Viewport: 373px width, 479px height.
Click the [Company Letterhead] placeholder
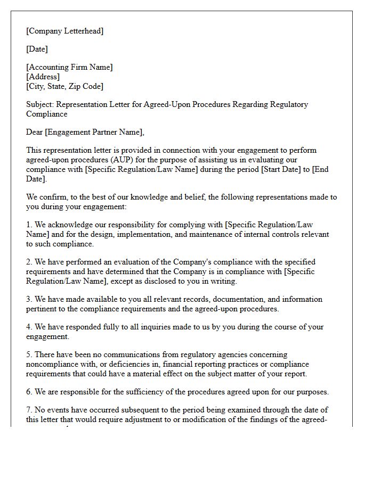pos(65,31)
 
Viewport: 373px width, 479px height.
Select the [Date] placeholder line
pos(37,49)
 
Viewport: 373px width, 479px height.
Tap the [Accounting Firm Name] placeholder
pos(69,67)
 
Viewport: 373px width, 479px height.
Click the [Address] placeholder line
pos(43,77)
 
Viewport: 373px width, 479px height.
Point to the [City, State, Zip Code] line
pos(64,86)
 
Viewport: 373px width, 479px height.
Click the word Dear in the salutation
pos(35,132)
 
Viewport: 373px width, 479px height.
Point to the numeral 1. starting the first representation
pos(29,225)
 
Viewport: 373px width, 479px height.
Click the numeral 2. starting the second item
pos(29,262)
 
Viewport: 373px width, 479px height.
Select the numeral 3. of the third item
pos(29,299)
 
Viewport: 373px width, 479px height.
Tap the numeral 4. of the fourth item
pos(29,327)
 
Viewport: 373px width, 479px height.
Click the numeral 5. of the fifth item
pos(29,354)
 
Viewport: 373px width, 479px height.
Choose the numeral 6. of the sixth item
pos(29,392)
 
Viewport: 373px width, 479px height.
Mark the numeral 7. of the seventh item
pos(29,410)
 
